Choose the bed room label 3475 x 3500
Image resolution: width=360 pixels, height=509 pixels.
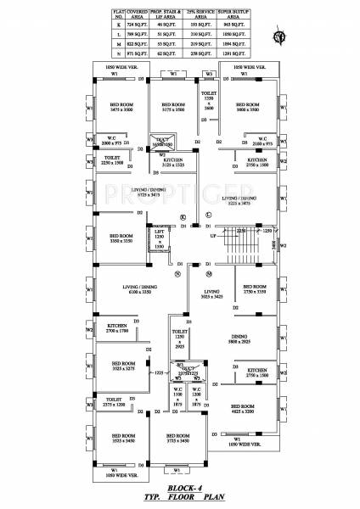click(x=122, y=108)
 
